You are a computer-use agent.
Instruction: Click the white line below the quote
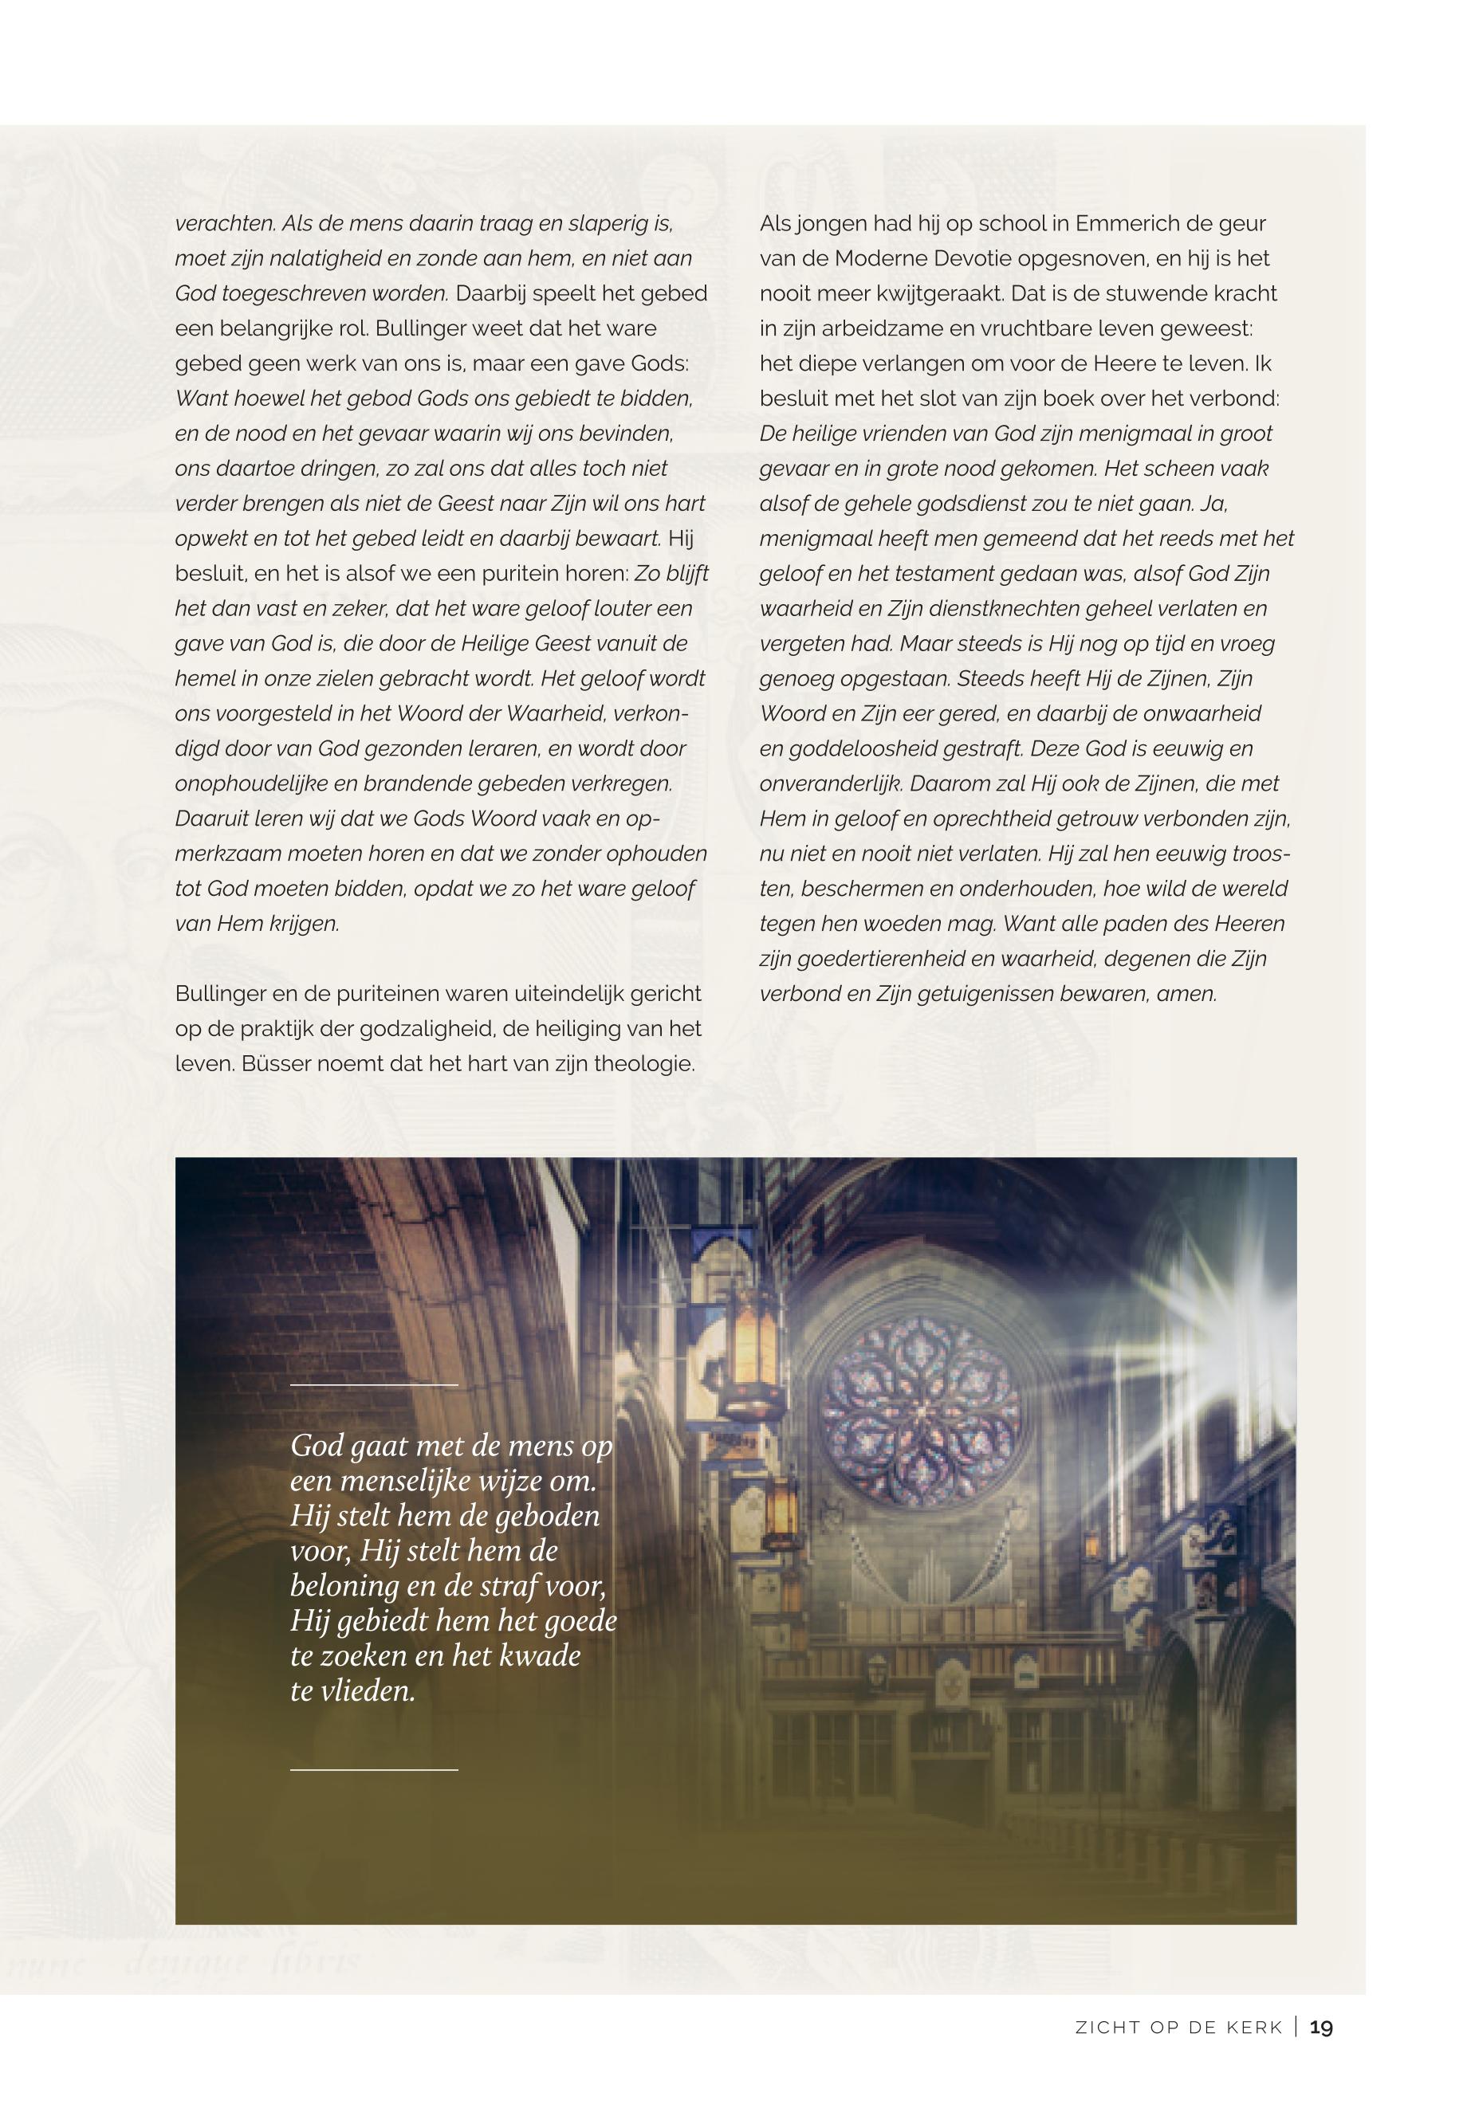pyautogui.click(x=373, y=1770)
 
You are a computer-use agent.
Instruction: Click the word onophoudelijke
pyautogui.click(x=254, y=784)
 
